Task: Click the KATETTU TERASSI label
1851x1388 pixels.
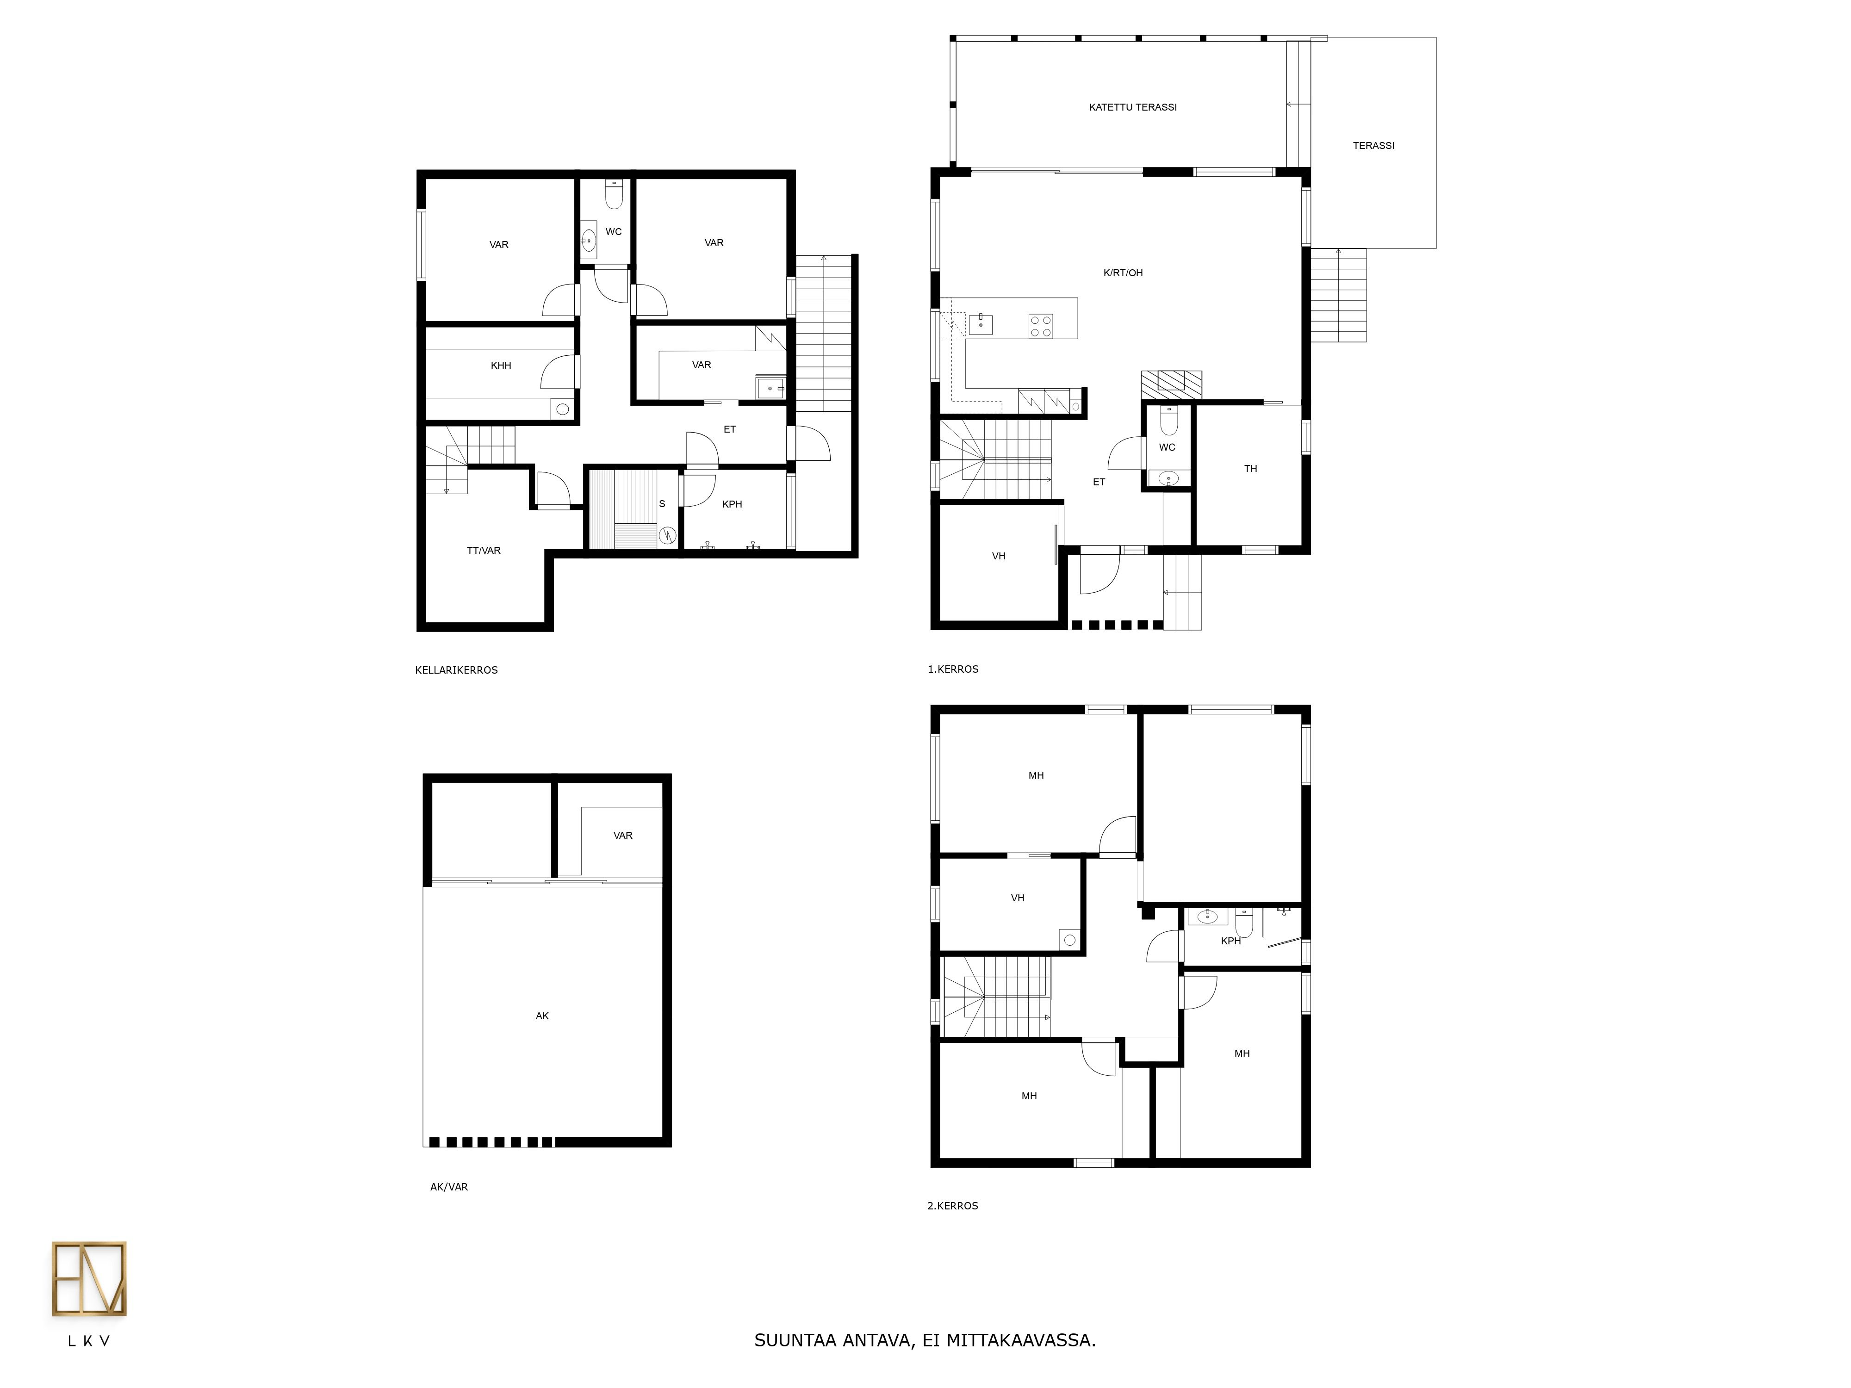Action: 1132,107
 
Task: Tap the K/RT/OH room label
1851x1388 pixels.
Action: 1123,273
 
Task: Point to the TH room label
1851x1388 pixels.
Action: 1250,469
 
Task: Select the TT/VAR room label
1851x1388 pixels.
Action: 484,551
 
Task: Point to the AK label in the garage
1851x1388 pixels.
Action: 542,1016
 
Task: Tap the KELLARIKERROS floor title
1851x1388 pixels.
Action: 456,670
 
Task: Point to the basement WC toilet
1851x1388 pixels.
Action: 614,194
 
